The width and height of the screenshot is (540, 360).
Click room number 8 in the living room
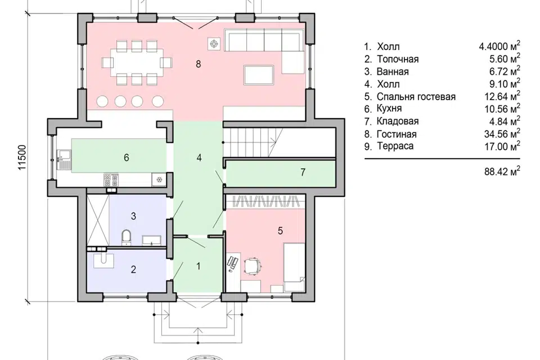[x=198, y=64]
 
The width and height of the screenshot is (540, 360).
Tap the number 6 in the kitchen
[x=127, y=157]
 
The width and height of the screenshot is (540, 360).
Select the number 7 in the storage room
[x=303, y=172]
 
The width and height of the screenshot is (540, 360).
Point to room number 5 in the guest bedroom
[x=280, y=231]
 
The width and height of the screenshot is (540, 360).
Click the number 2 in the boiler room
[x=134, y=269]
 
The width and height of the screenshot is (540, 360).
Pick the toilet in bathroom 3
[x=127, y=237]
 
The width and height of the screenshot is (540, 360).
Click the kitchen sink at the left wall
[x=63, y=160]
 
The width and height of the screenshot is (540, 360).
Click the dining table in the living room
[x=137, y=62]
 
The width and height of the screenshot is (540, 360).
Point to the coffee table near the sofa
[x=259, y=74]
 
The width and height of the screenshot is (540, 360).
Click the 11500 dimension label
[x=22, y=157]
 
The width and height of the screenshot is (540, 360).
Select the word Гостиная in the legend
[x=397, y=134]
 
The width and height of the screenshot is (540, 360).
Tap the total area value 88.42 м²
[x=502, y=171]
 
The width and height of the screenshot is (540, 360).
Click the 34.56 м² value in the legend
[x=502, y=133]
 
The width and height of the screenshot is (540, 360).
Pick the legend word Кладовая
[x=398, y=121]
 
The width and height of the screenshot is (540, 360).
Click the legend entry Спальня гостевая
[x=416, y=96]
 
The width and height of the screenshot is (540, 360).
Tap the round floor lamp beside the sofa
[x=214, y=44]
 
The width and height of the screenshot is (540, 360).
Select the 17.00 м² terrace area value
[x=502, y=146]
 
